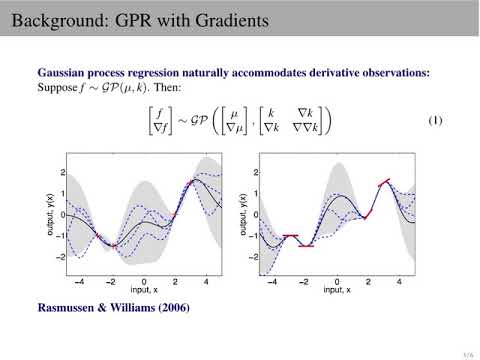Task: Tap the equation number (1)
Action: tap(435, 121)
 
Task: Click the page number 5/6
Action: tap(467, 353)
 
